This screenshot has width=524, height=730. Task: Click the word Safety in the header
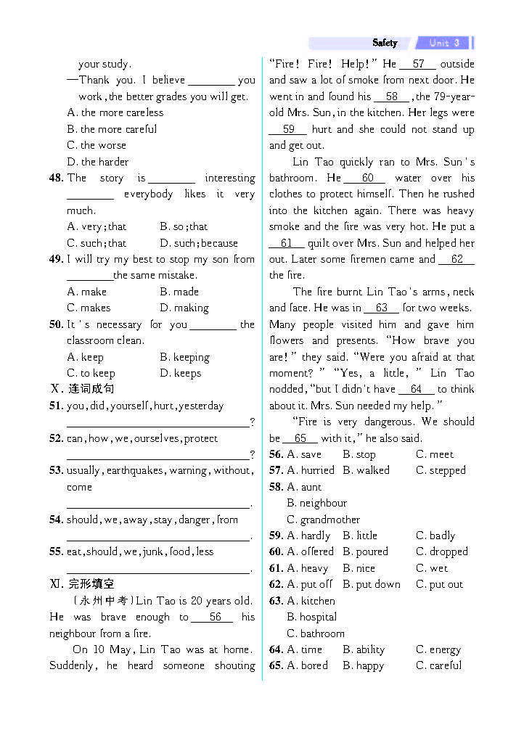coord(385,43)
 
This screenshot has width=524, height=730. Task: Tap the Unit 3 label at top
coord(444,43)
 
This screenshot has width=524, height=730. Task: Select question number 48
coord(57,178)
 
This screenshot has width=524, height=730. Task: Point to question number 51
coord(57,406)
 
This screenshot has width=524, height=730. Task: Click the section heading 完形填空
coord(91,584)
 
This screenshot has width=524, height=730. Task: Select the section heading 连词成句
coord(91,389)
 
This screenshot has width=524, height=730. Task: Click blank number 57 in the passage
coord(418,64)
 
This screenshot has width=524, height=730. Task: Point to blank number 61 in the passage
coord(286,243)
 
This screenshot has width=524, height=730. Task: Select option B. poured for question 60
coord(365,551)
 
